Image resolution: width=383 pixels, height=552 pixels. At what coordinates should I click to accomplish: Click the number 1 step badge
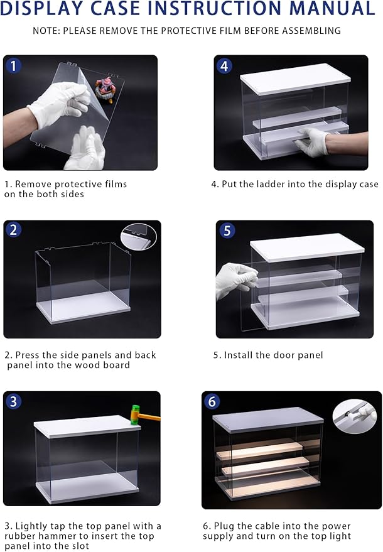tap(14, 65)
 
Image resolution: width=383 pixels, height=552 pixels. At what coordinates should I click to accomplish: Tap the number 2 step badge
tap(14, 230)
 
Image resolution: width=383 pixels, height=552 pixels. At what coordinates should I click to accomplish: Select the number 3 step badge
tap(13, 401)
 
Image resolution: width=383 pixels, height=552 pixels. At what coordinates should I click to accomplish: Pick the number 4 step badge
tap(224, 65)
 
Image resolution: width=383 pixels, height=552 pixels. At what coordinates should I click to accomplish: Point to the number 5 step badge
tap(227, 230)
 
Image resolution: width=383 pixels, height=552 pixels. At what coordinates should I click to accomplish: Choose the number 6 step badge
tap(212, 401)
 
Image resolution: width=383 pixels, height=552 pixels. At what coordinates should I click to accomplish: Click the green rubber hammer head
tap(135, 414)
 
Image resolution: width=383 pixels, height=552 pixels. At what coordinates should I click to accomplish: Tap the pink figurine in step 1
tap(105, 90)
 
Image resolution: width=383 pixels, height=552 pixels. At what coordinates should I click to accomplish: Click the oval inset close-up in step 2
tap(138, 236)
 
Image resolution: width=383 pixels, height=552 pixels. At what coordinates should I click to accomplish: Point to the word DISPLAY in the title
tap(43, 8)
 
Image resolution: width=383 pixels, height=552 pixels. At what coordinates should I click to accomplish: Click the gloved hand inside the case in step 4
tap(312, 143)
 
